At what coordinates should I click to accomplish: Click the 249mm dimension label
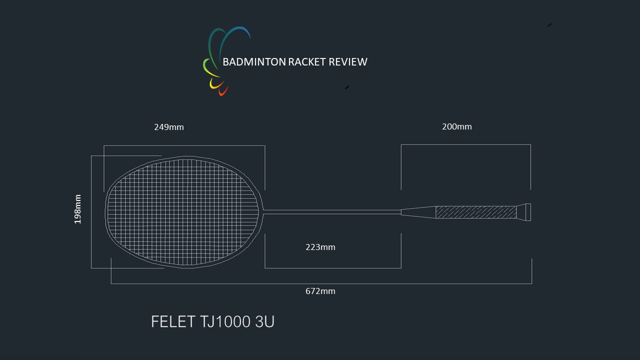169,127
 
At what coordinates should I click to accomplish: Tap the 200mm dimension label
457,126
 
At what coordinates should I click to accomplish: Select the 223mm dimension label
320,247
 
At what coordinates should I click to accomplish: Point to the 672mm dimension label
320,291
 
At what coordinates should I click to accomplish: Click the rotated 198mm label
77,209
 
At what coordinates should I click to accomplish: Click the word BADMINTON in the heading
254,62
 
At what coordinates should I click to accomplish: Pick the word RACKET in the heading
307,62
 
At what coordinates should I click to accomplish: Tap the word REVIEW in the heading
348,62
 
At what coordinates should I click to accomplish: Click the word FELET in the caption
173,321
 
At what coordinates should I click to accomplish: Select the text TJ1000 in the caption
225,321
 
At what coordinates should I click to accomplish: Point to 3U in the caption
264,321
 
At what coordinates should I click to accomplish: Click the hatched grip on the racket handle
476,212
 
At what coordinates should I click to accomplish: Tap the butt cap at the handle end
523,212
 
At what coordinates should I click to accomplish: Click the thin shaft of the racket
332,212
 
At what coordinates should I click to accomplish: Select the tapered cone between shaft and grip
418,212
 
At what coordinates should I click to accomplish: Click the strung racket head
184,212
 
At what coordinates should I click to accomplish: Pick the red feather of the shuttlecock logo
223,91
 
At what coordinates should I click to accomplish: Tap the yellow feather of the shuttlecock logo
216,84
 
